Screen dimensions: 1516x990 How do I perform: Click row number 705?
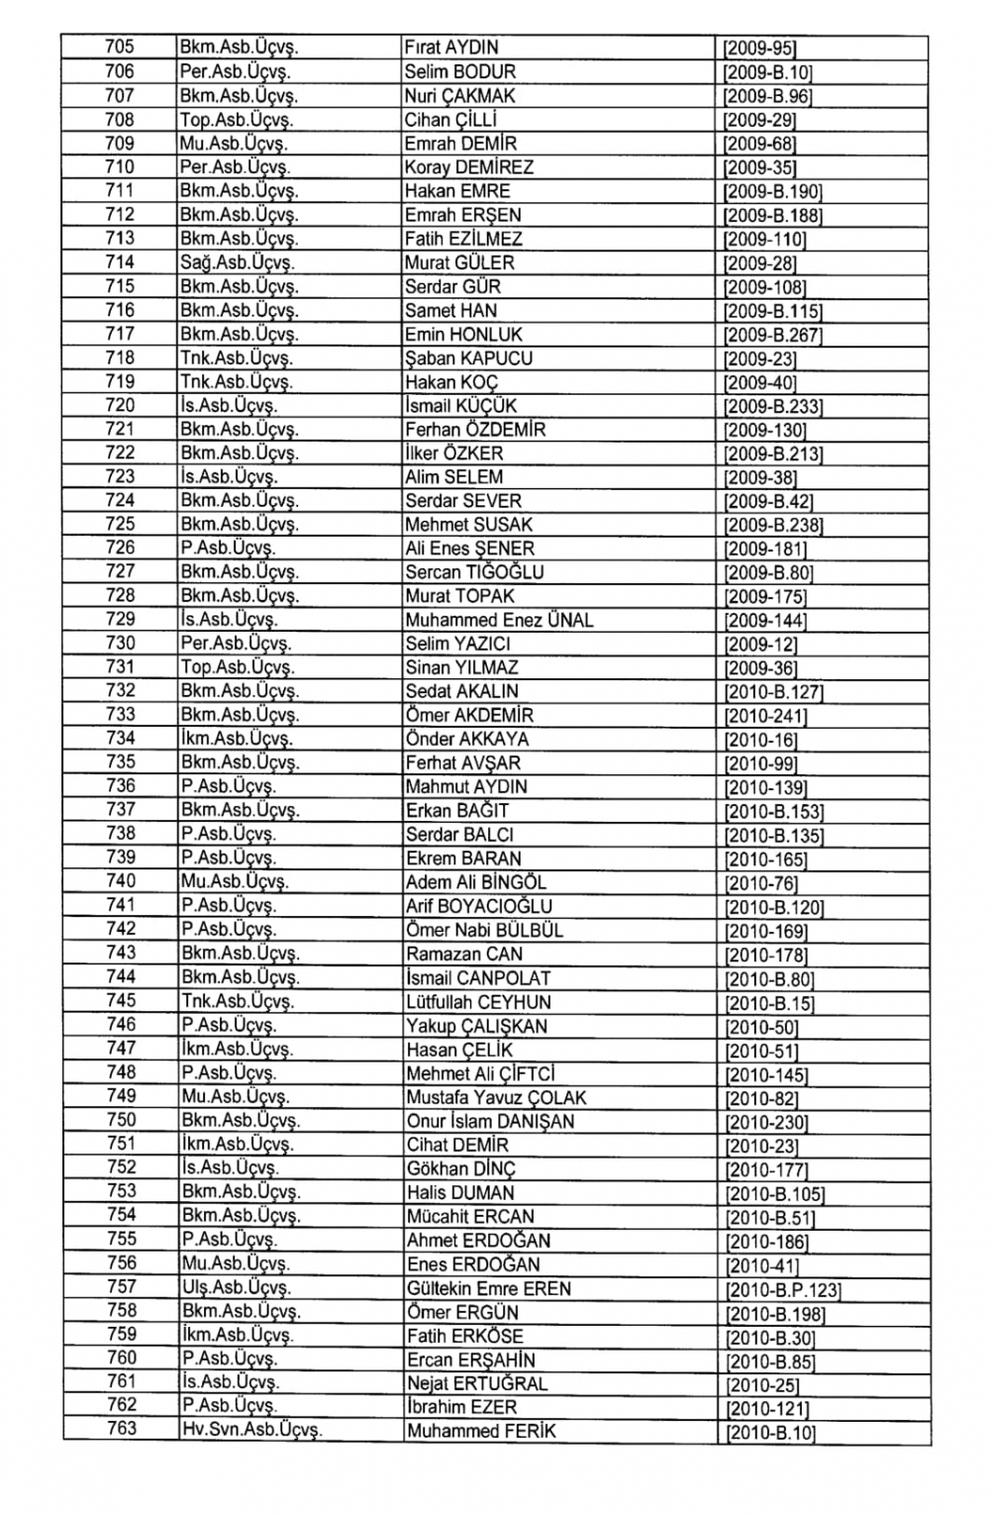click(x=120, y=47)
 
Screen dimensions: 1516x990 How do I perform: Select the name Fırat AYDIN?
click(x=451, y=48)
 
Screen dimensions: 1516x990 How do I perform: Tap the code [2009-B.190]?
click(x=773, y=191)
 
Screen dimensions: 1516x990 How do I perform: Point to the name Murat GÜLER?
click(x=459, y=262)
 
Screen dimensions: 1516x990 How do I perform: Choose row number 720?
click(x=120, y=405)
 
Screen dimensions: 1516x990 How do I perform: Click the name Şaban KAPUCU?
click(x=468, y=358)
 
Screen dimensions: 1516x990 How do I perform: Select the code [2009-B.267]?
click(x=773, y=335)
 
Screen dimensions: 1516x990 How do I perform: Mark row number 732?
click(x=120, y=690)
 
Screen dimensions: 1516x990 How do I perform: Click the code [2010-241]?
click(x=765, y=715)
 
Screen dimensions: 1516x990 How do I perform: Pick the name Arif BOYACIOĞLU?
click(x=479, y=906)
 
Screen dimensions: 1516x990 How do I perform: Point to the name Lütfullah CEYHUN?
click(x=478, y=1001)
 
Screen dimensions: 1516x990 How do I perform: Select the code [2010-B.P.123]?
click(x=782, y=1290)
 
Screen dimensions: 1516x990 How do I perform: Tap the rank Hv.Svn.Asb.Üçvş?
click(x=251, y=1430)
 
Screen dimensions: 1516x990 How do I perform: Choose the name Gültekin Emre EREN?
click(x=489, y=1288)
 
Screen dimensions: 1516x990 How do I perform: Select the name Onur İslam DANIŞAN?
click(x=490, y=1121)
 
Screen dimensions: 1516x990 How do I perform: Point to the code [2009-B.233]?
click(x=773, y=406)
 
